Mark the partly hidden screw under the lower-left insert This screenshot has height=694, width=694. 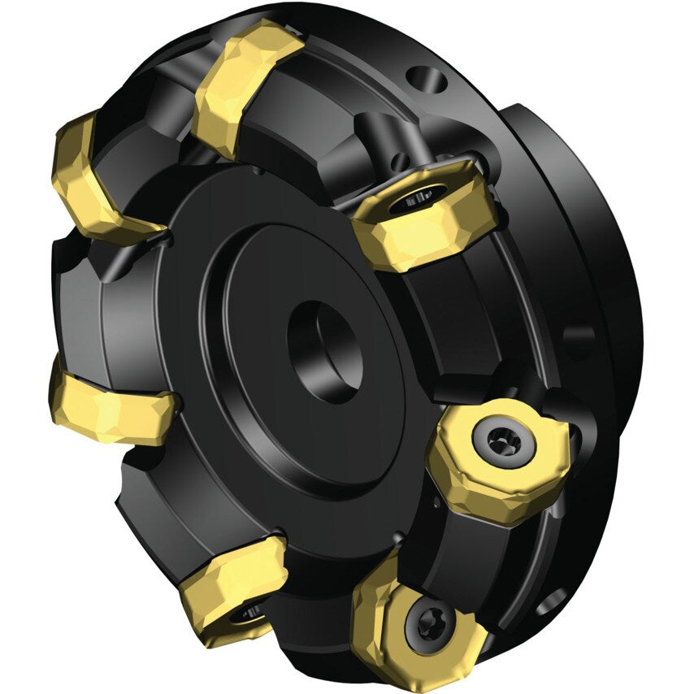click(248, 614)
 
